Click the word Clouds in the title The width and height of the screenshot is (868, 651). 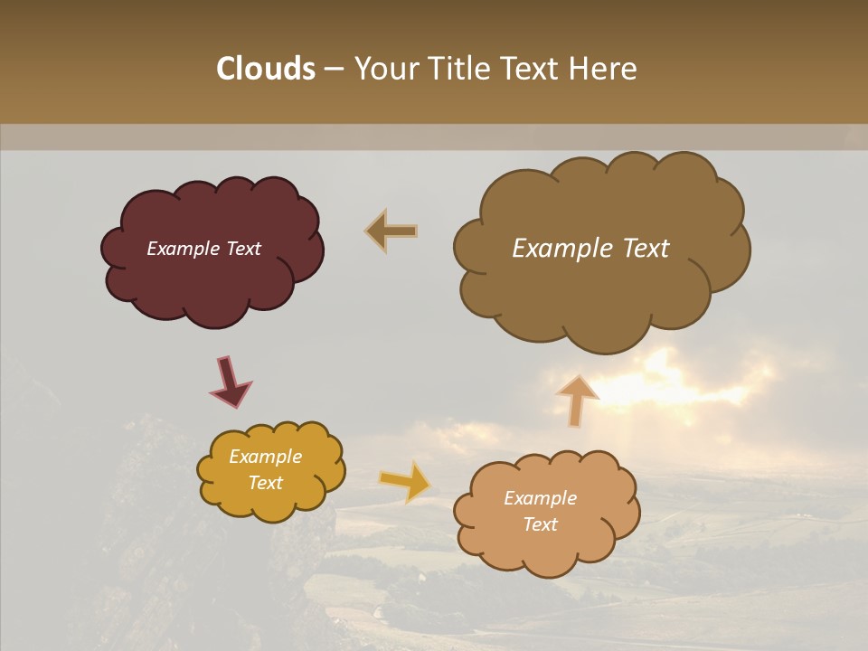265,69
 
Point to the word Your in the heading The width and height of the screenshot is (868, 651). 386,69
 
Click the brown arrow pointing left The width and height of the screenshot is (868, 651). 392,231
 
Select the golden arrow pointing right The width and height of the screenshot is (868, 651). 405,481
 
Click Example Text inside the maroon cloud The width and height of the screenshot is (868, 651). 203,249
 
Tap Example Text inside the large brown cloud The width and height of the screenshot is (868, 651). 590,249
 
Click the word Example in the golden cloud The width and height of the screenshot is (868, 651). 265,457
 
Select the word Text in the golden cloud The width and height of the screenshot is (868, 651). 265,483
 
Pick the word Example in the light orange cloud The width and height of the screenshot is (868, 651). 540,498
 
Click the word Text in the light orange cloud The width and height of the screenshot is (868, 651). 540,524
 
